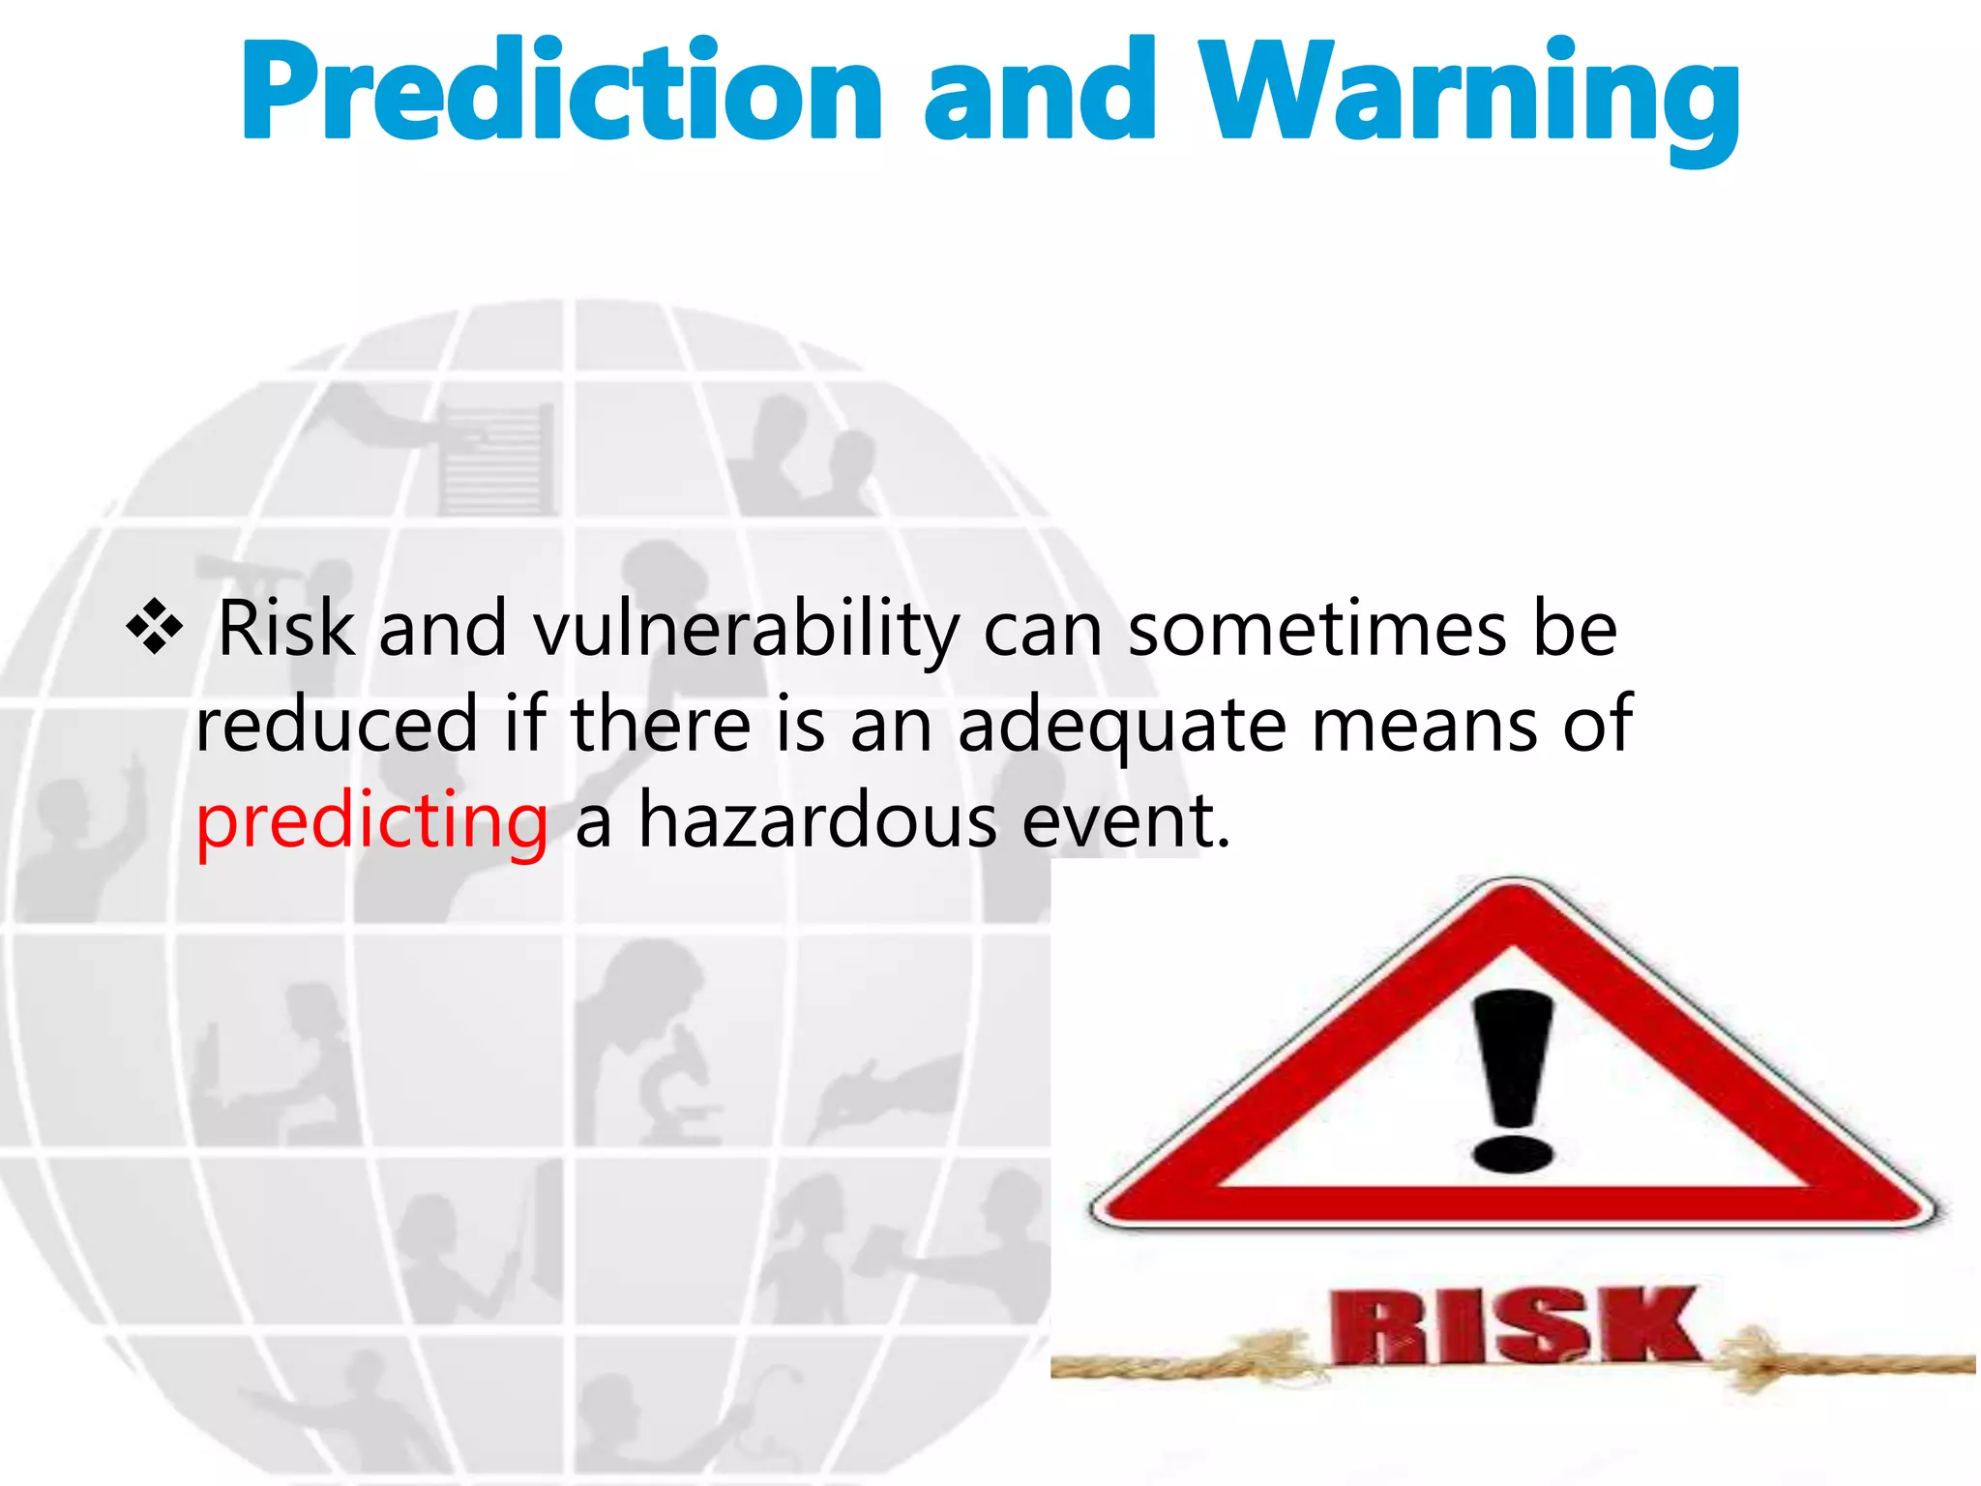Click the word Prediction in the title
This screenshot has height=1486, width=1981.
click(562, 92)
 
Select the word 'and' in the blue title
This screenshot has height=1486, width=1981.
click(1040, 92)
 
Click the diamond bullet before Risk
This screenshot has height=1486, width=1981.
click(154, 627)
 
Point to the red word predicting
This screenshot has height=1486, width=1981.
click(372, 820)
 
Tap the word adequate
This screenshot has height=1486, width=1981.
click(1122, 726)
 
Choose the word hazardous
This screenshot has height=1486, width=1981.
click(817, 820)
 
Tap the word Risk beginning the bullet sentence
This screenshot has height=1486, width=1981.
click(286, 629)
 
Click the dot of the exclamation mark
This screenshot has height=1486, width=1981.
click(1512, 1154)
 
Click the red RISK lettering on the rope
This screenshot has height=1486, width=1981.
click(1514, 1325)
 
